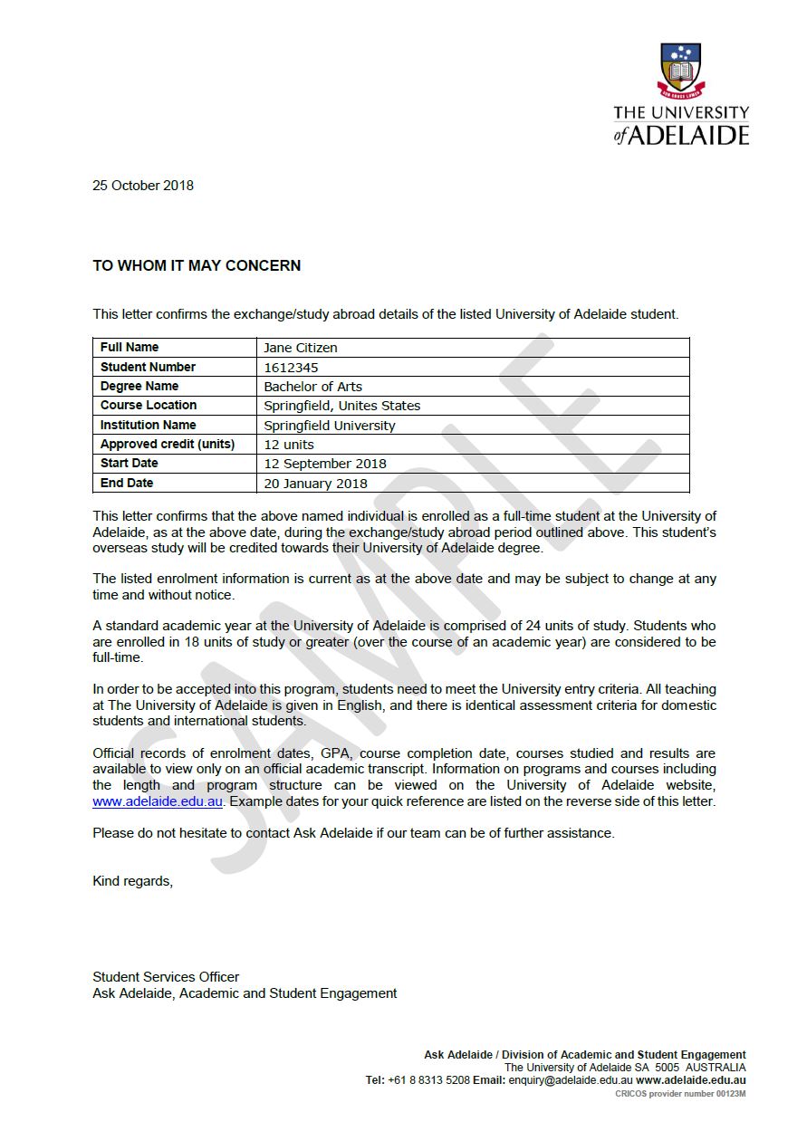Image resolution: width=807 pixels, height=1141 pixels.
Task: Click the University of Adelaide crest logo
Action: coord(682,71)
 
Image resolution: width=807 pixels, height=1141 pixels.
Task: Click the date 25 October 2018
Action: coord(143,186)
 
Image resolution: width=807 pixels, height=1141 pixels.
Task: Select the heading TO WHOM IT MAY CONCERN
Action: coord(197,266)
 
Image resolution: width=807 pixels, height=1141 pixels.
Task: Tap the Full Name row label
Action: coord(130,348)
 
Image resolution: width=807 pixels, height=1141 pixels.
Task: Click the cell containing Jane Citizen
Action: coord(301,348)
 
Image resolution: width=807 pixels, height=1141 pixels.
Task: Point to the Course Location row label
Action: coord(149,406)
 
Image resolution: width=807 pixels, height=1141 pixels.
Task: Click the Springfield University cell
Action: coord(330,426)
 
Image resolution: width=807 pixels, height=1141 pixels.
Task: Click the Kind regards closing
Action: coord(132,881)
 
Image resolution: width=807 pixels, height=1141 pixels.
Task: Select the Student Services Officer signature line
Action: coord(166,977)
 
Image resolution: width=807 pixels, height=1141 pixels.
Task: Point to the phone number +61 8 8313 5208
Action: coord(428,1080)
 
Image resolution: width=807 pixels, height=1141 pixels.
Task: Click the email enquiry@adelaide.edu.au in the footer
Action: coord(571,1080)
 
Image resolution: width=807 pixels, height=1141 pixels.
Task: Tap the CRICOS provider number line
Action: coord(680,1094)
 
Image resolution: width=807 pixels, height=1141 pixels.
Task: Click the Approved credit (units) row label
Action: coord(168,445)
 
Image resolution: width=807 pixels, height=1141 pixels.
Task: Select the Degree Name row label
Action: coord(139,387)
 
